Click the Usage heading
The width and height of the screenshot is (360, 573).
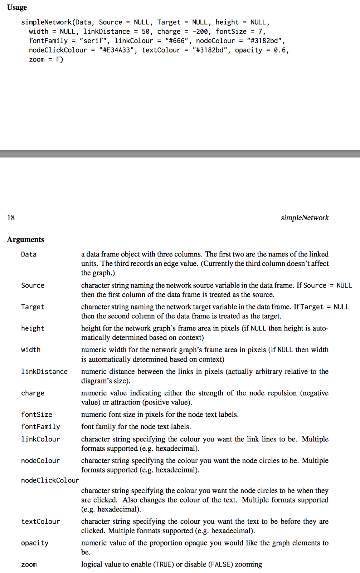click(17, 8)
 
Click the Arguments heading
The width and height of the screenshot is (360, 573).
click(25, 240)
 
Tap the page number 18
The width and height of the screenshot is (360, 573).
click(11, 217)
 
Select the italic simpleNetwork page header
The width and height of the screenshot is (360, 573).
click(305, 218)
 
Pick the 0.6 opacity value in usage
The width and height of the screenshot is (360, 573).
click(280, 50)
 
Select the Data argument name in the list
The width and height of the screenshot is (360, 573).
click(29, 254)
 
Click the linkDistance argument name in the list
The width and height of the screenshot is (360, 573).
click(44, 372)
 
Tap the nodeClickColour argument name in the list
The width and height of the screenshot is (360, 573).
click(50, 480)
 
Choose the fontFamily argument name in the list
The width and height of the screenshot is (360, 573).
click(40, 427)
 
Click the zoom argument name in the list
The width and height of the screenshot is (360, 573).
click(29, 564)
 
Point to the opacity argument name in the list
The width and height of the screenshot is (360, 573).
click(34, 543)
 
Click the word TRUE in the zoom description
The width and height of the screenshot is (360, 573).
click(164, 564)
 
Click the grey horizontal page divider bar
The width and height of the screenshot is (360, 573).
click(180, 154)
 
